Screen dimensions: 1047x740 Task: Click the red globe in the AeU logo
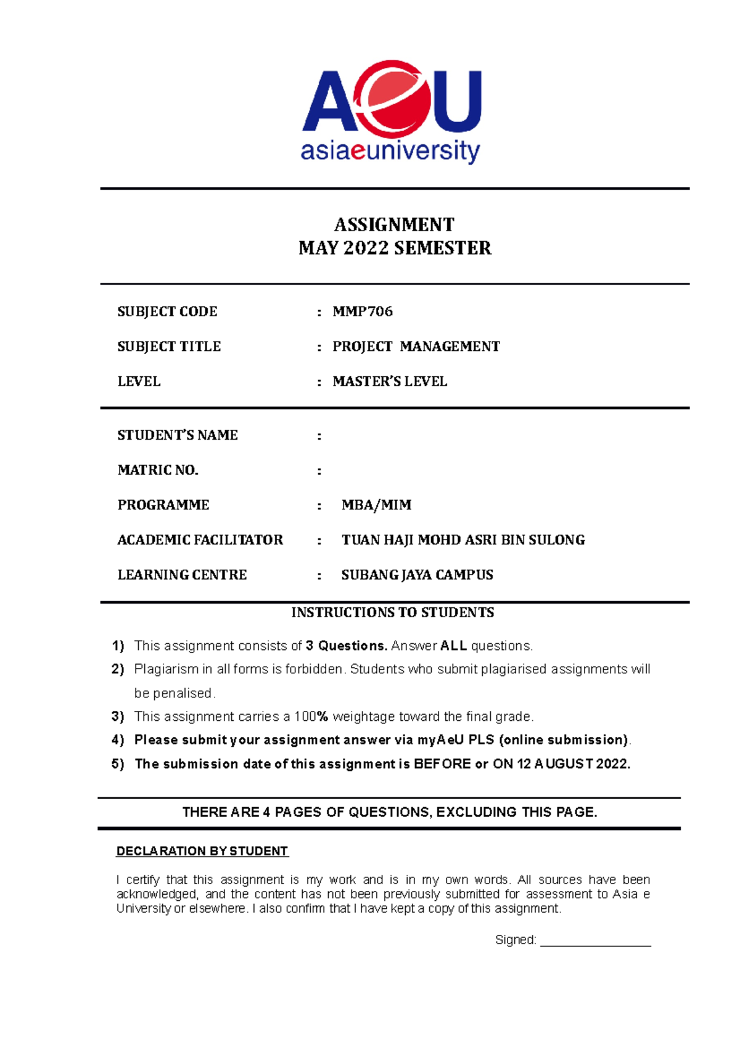tap(395, 99)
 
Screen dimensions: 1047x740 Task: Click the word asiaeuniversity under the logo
tap(390, 151)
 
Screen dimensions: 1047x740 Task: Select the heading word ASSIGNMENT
tap(394, 224)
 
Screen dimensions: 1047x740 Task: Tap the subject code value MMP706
tap(363, 311)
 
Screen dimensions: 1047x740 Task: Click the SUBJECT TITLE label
tap(169, 347)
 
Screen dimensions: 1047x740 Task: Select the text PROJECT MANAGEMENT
tap(416, 347)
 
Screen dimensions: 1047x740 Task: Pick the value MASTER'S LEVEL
tap(390, 382)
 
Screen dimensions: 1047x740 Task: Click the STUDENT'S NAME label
tap(178, 435)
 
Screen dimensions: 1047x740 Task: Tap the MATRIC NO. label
tap(158, 470)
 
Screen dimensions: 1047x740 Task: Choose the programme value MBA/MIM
tap(376, 505)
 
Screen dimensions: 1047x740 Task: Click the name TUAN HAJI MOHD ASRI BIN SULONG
tap(463, 540)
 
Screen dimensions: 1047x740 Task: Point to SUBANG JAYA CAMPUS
tap(417, 575)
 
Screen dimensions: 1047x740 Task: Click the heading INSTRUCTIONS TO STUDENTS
tap(393, 612)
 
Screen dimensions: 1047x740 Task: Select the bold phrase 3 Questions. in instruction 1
tap(347, 646)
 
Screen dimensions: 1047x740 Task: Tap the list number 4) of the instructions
tap(118, 740)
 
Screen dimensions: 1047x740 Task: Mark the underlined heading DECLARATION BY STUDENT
tap(202, 851)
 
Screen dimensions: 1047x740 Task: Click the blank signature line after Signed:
tap(595, 942)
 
